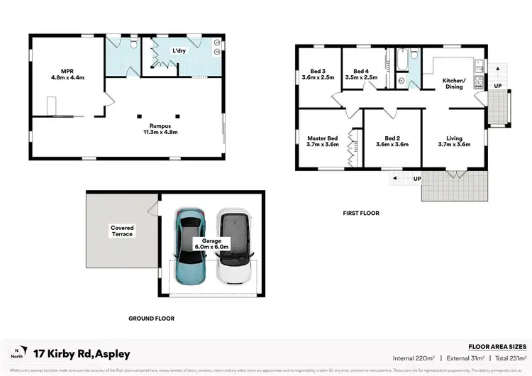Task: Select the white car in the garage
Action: pyautogui.click(x=234, y=248)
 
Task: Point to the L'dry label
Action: pyautogui.click(x=179, y=50)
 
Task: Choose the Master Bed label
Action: pyautogui.click(x=322, y=141)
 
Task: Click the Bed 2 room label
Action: pyautogui.click(x=392, y=141)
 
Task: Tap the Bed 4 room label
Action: pyautogui.click(x=362, y=74)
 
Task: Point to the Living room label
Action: pyautogui.click(x=454, y=141)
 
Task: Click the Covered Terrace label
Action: pyautogui.click(x=122, y=231)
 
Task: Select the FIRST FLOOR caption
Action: pyautogui.click(x=362, y=213)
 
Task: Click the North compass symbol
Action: pyautogui.click(x=16, y=353)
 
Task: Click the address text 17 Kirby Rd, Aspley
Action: pyautogui.click(x=82, y=353)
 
